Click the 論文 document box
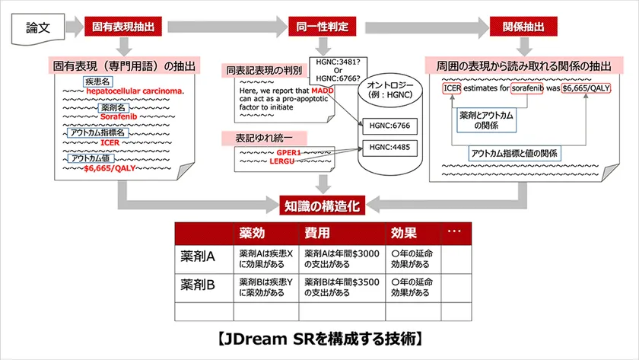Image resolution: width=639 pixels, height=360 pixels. click(x=38, y=28)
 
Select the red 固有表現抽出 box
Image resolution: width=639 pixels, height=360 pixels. click(x=123, y=27)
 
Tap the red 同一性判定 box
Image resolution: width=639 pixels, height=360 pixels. click(x=323, y=27)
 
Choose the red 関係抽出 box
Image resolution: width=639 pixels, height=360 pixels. click(x=523, y=27)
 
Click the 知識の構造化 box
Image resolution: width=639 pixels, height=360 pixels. click(x=322, y=205)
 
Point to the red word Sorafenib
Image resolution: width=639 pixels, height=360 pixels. click(x=119, y=116)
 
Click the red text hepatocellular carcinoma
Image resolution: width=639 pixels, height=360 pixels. click(x=135, y=91)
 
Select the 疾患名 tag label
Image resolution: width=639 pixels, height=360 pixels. click(x=98, y=81)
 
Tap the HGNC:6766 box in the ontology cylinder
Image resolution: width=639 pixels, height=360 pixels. click(x=389, y=126)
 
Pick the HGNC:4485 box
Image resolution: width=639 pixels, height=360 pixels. click(x=389, y=148)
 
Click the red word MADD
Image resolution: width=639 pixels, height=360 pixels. click(x=323, y=91)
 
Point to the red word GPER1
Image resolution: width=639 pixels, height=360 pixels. click(x=288, y=152)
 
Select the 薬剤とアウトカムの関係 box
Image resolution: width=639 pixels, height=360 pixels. click(x=486, y=120)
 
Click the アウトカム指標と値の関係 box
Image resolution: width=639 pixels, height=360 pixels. click(x=514, y=153)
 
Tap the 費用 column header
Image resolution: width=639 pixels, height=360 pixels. click(x=317, y=233)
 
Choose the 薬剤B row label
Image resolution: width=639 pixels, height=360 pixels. click(x=198, y=285)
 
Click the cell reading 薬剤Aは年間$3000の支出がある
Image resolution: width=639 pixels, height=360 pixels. click(x=342, y=259)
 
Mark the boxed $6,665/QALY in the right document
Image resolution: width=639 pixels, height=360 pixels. click(x=586, y=88)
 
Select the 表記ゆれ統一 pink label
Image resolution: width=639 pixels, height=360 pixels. click(x=264, y=139)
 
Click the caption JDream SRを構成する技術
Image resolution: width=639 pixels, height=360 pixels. click(x=320, y=339)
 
